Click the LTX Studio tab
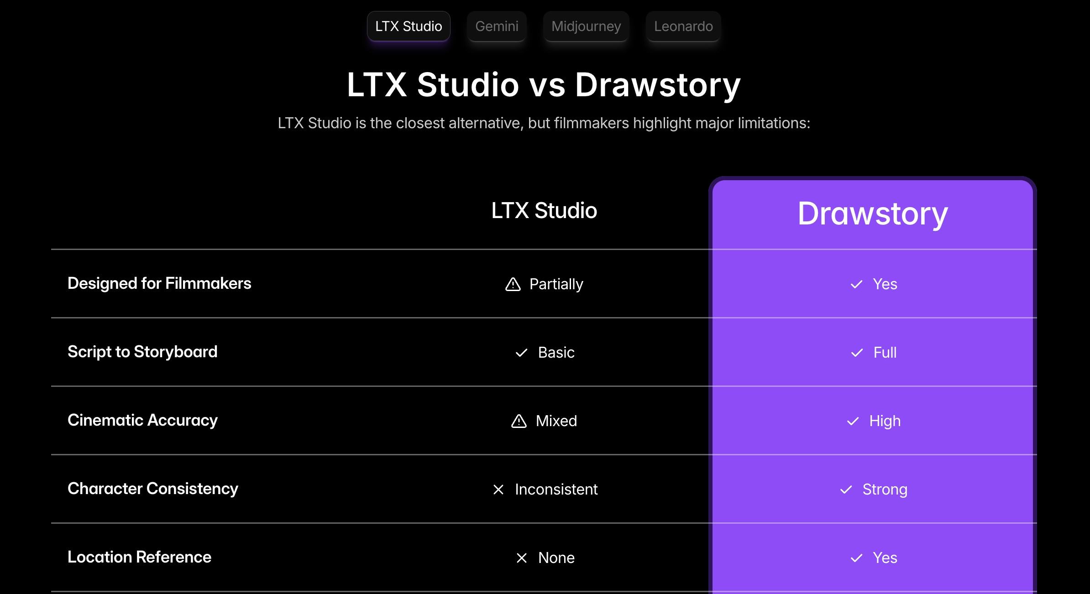[x=409, y=26]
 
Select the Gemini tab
[x=497, y=26]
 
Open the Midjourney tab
[x=586, y=26]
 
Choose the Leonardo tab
[x=683, y=26]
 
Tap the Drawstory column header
[x=873, y=214]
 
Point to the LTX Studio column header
[x=544, y=211]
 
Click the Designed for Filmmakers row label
[x=159, y=283]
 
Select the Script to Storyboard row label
[x=142, y=352]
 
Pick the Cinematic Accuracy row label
[x=142, y=420]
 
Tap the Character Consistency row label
[x=153, y=489]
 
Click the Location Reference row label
[x=139, y=557]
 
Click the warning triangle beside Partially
[x=513, y=284]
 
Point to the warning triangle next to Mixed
[x=519, y=421]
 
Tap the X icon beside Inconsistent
[x=498, y=490]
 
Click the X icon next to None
[x=522, y=558]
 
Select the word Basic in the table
[x=556, y=353]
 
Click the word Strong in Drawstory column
[x=885, y=490]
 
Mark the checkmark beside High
[x=853, y=421]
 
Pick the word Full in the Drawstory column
[x=885, y=353]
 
